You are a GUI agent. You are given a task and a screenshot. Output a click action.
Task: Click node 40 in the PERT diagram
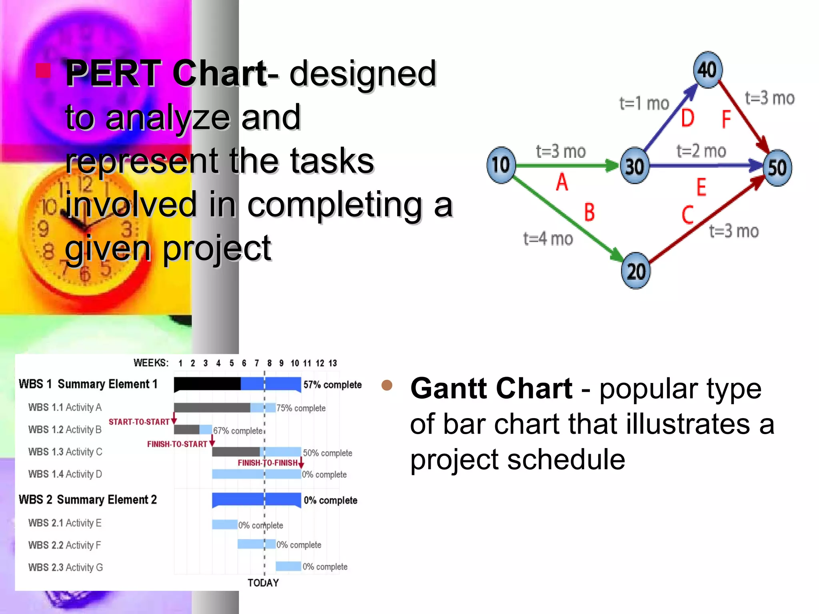[x=707, y=70]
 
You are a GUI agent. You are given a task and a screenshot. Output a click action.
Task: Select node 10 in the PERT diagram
[x=501, y=165]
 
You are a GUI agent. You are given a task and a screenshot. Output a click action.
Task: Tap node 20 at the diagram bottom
[x=635, y=271]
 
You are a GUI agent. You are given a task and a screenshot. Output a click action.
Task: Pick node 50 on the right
[x=777, y=167]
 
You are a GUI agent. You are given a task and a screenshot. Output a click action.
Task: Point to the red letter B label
[x=589, y=212]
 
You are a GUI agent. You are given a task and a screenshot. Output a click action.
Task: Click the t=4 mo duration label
[x=548, y=239]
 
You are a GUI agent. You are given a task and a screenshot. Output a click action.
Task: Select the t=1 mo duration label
[x=644, y=104]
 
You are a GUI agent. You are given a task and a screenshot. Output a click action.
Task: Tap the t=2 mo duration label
[x=701, y=151]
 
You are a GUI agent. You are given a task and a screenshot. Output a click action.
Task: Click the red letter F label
[x=726, y=119]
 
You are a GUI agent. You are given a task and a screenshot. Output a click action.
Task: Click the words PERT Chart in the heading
[x=166, y=73]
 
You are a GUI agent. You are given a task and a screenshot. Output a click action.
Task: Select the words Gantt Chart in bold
[x=491, y=388]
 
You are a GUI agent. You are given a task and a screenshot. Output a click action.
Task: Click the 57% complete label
[x=332, y=385]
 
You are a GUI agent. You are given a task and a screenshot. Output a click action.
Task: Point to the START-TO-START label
[x=139, y=422]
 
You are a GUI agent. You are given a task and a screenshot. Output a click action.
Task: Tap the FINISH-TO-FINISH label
[x=268, y=463]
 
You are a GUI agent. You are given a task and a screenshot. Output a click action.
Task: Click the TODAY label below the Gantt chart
[x=263, y=583]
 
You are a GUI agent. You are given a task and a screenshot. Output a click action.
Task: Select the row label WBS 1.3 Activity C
[x=65, y=452]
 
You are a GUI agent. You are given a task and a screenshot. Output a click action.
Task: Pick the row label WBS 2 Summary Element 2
[x=88, y=500]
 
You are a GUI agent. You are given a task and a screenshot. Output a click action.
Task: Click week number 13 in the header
[x=333, y=363]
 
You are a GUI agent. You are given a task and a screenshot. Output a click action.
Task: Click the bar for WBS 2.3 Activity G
[x=288, y=566]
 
